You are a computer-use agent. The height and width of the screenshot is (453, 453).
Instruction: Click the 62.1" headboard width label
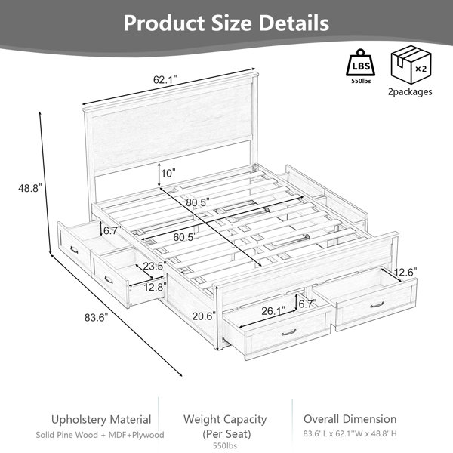165,79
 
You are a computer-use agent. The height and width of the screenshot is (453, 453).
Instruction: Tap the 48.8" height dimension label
30,188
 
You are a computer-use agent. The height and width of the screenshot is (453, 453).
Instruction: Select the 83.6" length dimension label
96,318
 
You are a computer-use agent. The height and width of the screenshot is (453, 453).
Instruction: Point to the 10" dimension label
168,174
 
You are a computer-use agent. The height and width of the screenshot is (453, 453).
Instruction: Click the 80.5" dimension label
198,202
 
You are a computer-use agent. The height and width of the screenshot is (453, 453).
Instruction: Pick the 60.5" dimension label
185,237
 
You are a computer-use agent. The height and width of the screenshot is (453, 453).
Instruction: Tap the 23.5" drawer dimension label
155,266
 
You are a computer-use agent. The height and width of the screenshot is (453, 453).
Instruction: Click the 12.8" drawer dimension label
155,287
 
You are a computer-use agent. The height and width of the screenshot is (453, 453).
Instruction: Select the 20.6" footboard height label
205,316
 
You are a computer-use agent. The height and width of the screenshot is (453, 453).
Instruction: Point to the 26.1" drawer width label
273,311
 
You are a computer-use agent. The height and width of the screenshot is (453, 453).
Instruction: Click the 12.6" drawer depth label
405,272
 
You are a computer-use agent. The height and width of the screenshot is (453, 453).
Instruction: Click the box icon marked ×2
411,64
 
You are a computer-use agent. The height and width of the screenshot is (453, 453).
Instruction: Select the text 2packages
410,92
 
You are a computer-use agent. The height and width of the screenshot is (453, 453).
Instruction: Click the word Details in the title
294,23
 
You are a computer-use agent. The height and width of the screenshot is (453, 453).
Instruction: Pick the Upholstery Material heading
101,420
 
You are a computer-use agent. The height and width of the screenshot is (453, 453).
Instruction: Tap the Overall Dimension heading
350,419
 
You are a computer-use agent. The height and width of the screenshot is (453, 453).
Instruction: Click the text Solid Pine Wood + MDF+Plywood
100,435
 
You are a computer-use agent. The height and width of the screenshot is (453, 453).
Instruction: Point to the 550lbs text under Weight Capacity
225,445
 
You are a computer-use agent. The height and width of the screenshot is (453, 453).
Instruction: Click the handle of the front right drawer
377,305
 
